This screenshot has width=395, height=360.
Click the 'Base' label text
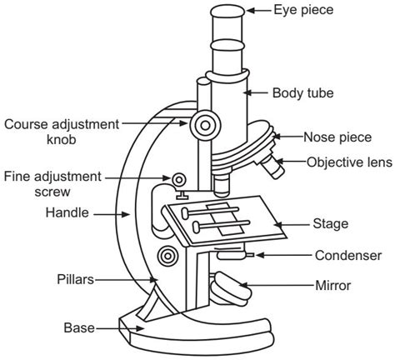point(79,327)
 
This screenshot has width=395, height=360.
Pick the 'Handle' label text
point(67,212)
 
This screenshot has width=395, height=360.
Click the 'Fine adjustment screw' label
point(52,183)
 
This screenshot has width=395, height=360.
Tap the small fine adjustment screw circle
point(177,179)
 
